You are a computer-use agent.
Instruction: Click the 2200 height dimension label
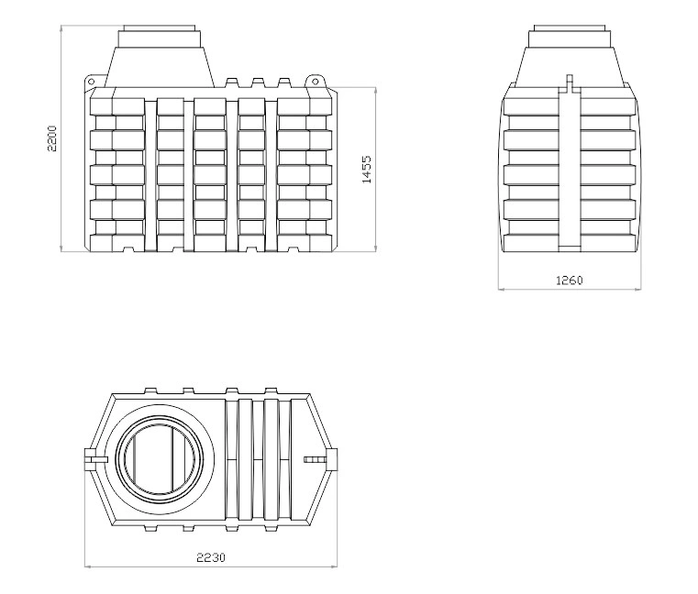pyautogui.click(x=52, y=138)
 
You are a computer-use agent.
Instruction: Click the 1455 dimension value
pyautogui.click(x=367, y=170)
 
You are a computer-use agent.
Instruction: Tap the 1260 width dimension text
pyautogui.click(x=570, y=280)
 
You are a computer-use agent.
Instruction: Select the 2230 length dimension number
pyautogui.click(x=211, y=557)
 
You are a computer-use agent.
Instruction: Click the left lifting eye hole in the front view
pyautogui.click(x=91, y=82)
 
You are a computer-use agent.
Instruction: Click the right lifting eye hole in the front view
pyautogui.click(x=316, y=81)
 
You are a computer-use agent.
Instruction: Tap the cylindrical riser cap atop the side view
pyautogui.click(x=570, y=36)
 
